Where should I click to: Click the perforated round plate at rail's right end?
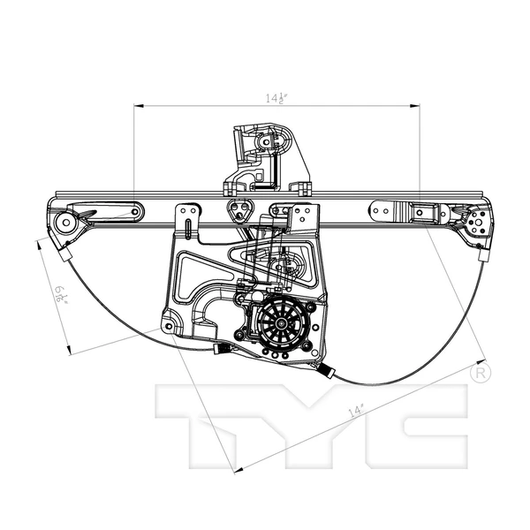click(477, 223)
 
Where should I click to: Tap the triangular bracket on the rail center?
click(238, 212)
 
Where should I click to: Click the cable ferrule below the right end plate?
click(482, 254)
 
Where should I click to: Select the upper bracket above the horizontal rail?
click(264, 157)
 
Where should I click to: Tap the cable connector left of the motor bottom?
click(221, 352)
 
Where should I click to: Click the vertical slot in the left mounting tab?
click(185, 218)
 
